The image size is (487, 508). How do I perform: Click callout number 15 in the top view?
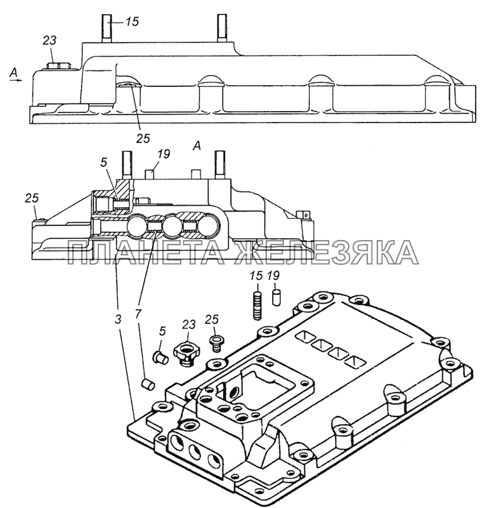click(132, 22)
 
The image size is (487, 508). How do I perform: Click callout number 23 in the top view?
click(49, 41)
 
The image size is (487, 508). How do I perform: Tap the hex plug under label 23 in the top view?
click(58, 66)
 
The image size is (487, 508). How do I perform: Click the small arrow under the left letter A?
click(15, 79)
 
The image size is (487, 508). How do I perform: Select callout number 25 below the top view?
click(143, 138)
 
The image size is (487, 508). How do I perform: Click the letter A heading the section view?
click(197, 147)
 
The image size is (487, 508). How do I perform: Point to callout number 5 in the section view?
click(103, 163)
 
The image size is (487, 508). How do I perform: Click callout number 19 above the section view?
click(164, 154)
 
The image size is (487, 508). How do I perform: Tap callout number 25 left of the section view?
click(32, 198)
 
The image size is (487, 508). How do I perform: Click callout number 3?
click(118, 319)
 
